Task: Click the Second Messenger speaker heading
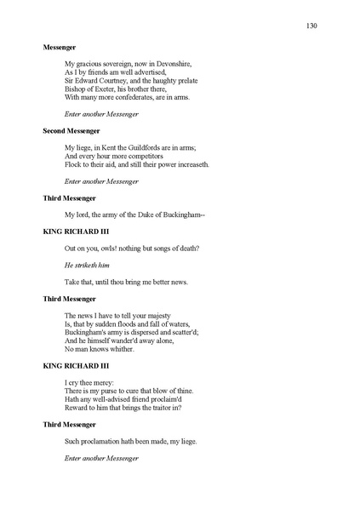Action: point(71,131)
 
